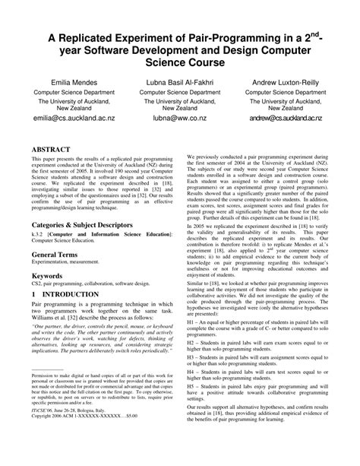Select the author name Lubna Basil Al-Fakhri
click(179, 80)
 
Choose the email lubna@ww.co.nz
click(179, 119)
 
